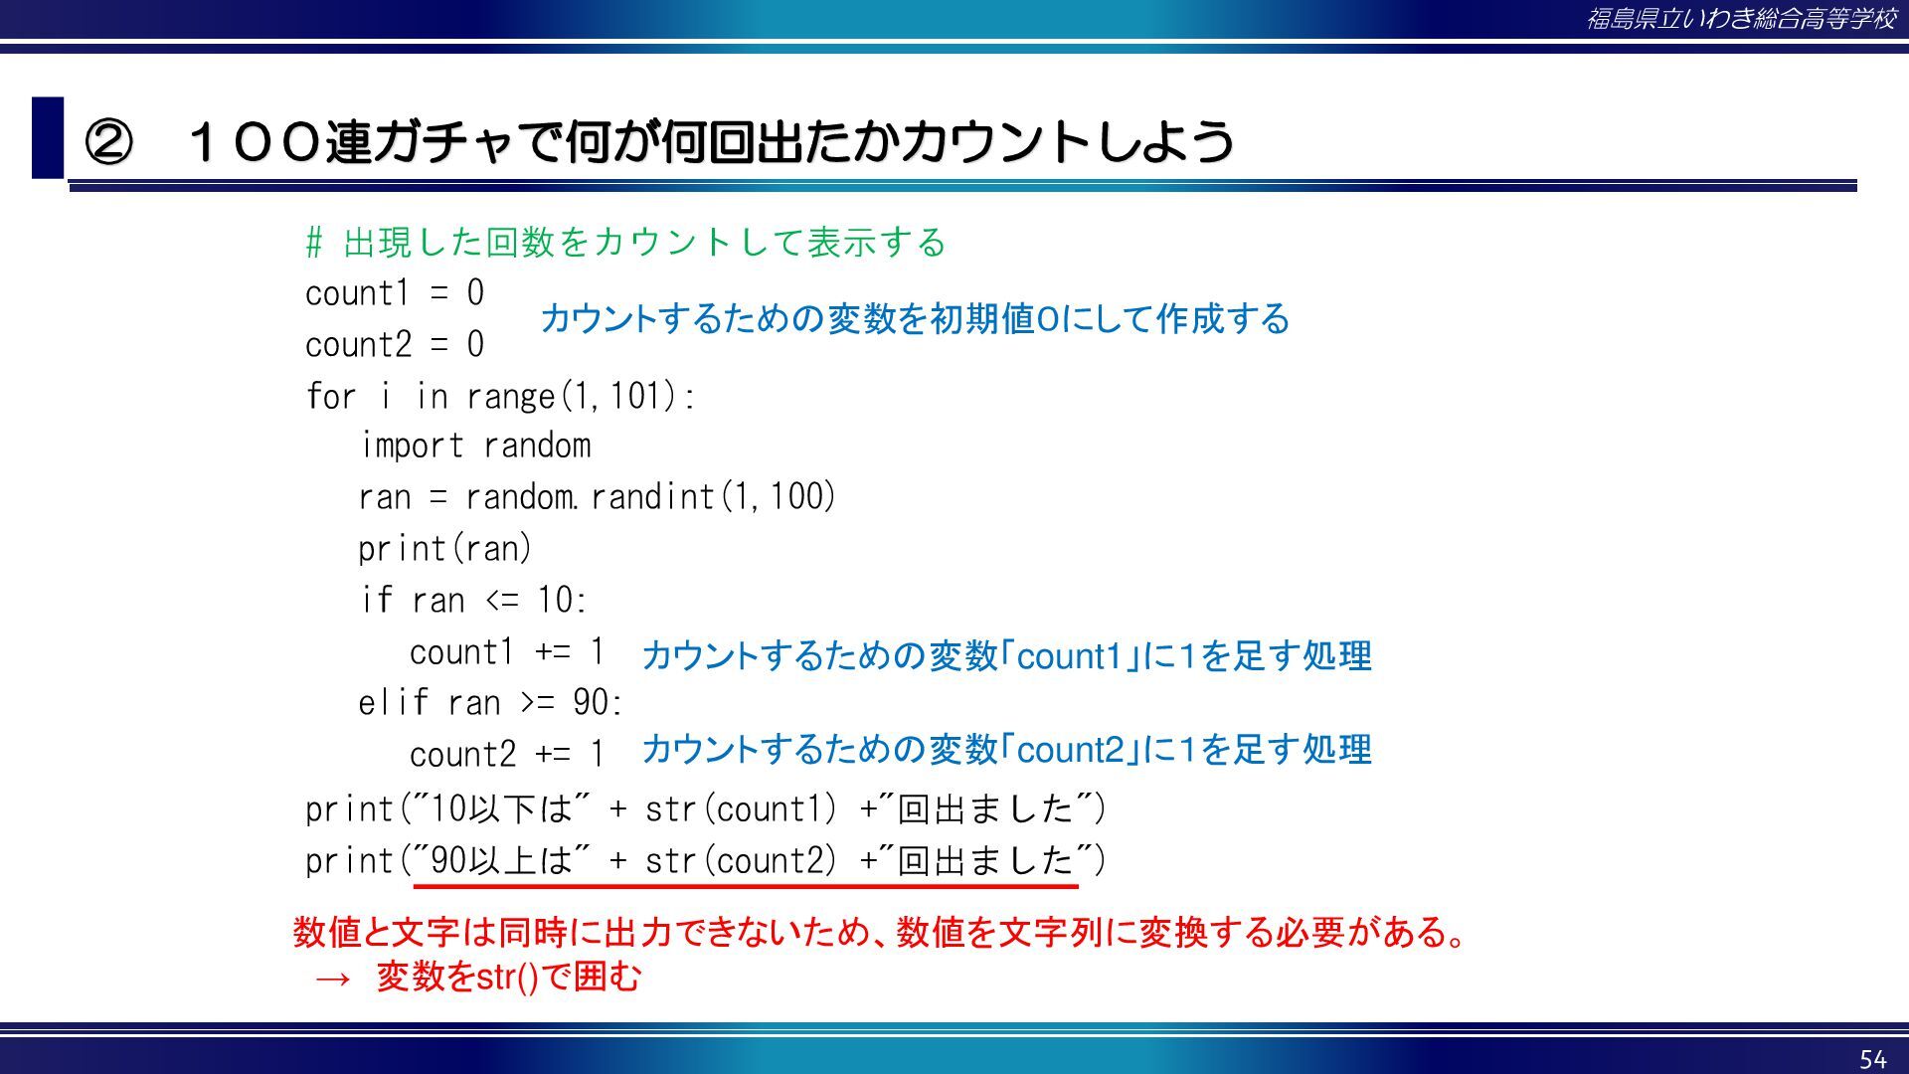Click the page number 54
[x=1872, y=1059]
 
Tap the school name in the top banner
[x=1741, y=19]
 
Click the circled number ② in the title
[x=108, y=141]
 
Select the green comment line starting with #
[x=625, y=242]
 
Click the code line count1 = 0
[x=395, y=293]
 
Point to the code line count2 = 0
[x=395, y=345]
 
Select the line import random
[x=475, y=446]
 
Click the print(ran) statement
[x=445, y=549]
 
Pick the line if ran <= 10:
[x=473, y=600]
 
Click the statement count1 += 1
[x=507, y=652]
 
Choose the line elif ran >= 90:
[x=490, y=703]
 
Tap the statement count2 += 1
[x=507, y=755]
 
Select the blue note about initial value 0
[x=915, y=319]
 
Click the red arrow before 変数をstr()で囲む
[x=332, y=980]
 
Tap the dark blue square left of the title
[x=48, y=137]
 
